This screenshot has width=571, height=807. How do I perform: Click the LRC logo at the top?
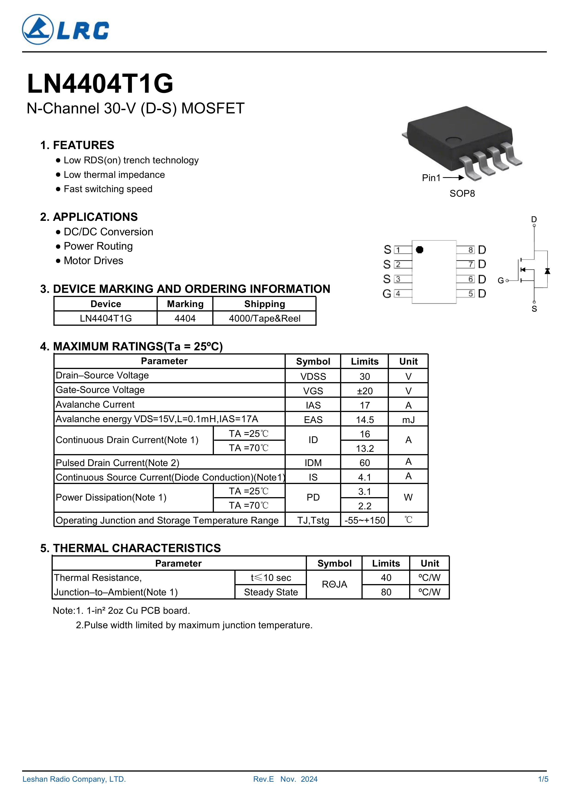(65, 29)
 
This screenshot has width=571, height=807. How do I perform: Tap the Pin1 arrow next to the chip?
(454, 178)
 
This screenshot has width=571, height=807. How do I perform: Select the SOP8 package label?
(462, 194)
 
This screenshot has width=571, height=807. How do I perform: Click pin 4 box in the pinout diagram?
(398, 294)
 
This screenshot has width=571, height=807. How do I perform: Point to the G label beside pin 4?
(387, 294)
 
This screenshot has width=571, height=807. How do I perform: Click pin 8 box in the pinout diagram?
(470, 250)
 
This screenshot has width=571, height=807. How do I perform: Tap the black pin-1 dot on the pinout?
(419, 250)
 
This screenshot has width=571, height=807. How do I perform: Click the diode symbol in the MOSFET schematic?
(547, 271)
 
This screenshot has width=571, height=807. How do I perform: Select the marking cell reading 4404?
(185, 318)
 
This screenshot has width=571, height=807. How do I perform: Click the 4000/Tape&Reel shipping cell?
(265, 318)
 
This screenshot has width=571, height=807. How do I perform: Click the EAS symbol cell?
(313, 420)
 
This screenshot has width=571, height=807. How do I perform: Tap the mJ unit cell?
(408, 420)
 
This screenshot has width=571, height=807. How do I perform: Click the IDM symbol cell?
(313, 463)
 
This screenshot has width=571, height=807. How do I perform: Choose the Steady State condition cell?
(271, 592)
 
